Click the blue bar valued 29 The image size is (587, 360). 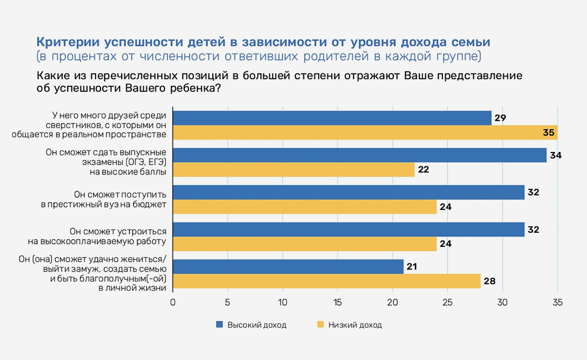coord(332,118)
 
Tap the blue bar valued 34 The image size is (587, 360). coord(359,155)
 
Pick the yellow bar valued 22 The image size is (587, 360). coord(293,170)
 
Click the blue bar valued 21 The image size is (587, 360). coord(288,267)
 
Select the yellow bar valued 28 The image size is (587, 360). coord(326,281)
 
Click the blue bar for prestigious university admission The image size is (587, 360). coord(348,192)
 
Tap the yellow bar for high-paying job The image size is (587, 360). coord(305,244)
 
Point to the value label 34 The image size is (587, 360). coord(555,155)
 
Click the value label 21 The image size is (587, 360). coord(412,267)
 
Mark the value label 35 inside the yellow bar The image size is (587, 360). coord(548,133)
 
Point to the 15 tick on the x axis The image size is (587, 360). coord(337,302)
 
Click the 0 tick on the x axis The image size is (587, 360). coord(173,302)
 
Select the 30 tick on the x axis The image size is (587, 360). coord(502,302)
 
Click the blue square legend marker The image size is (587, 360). coord(219,325)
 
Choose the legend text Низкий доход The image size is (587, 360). coord(355,325)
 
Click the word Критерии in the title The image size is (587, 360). coord(68,42)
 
